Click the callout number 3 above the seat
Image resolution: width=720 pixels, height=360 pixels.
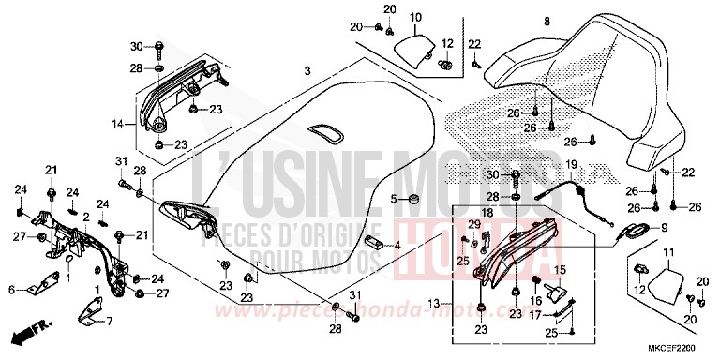pyautogui.click(x=306, y=71)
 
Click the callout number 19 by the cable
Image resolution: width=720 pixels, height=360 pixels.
pyautogui.click(x=569, y=164)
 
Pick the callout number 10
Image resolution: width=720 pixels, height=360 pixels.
pyautogui.click(x=415, y=17)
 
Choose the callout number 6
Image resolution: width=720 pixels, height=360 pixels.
pyautogui.click(x=11, y=291)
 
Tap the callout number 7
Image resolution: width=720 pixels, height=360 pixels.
pyautogui.click(x=108, y=322)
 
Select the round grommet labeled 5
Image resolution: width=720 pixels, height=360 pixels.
pyautogui.click(x=409, y=198)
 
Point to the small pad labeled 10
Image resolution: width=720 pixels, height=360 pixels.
pyautogui.click(x=412, y=45)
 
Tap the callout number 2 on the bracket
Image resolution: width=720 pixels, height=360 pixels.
pyautogui.click(x=86, y=217)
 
